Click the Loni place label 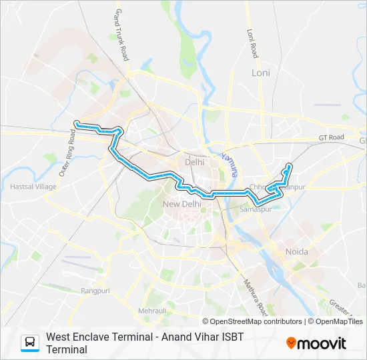[x=260, y=72]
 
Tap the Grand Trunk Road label [x=121, y=35]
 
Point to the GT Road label [x=331, y=137]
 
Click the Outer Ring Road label [x=69, y=153]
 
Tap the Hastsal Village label [x=33, y=187]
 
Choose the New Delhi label [x=182, y=203]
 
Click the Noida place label [x=296, y=251]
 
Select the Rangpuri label [x=95, y=290]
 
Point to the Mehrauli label [x=152, y=311]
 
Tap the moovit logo [x=316, y=343]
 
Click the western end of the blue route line [x=76, y=123]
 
